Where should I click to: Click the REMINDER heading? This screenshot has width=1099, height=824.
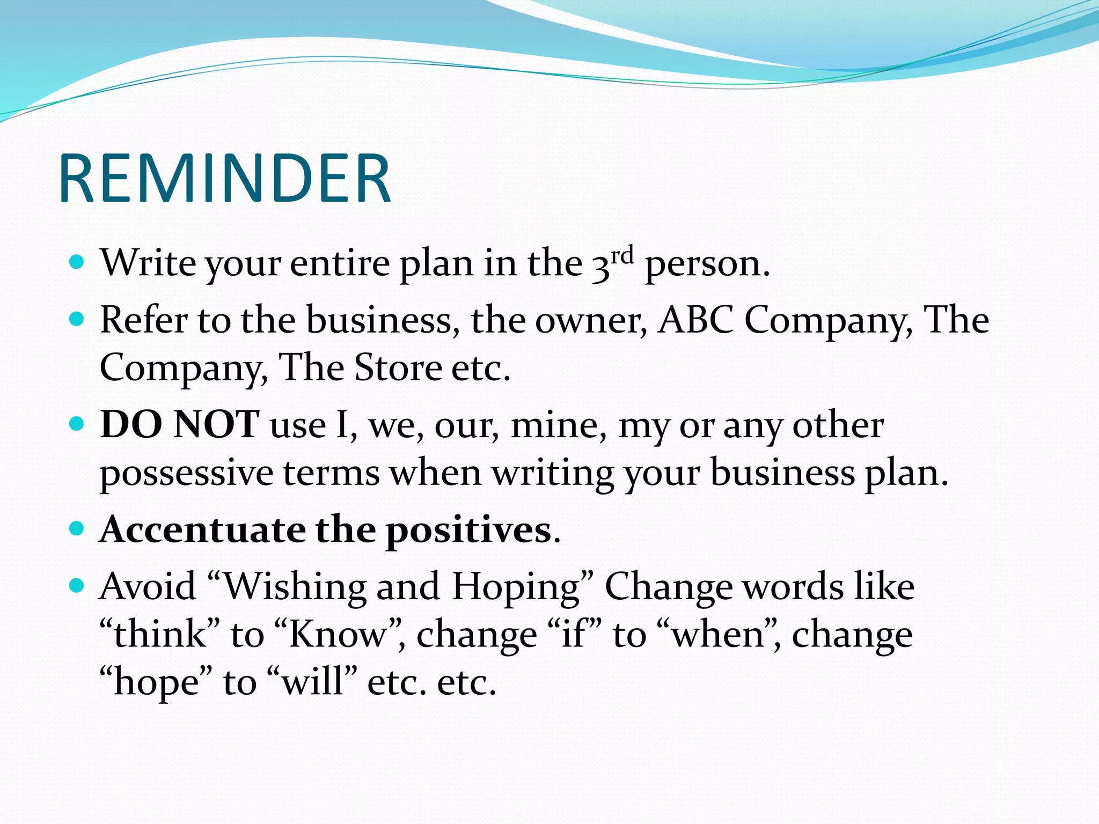(x=225, y=178)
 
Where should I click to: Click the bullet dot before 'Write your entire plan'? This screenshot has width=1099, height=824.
(x=77, y=262)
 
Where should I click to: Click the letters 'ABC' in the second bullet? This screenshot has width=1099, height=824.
(x=696, y=320)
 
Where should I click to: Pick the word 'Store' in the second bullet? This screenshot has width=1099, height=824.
(x=398, y=368)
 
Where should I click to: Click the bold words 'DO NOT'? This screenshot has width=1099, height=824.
(x=180, y=424)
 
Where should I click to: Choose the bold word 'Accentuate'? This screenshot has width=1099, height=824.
(x=203, y=529)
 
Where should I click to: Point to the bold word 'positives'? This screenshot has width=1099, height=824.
(x=468, y=531)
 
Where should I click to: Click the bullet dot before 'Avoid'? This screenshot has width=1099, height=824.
(x=77, y=586)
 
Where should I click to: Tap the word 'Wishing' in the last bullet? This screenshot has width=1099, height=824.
(x=294, y=587)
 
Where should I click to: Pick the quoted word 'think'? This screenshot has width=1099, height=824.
(x=160, y=635)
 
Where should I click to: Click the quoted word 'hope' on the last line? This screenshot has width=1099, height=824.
(x=156, y=683)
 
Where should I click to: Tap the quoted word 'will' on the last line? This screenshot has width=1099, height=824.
(x=312, y=682)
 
